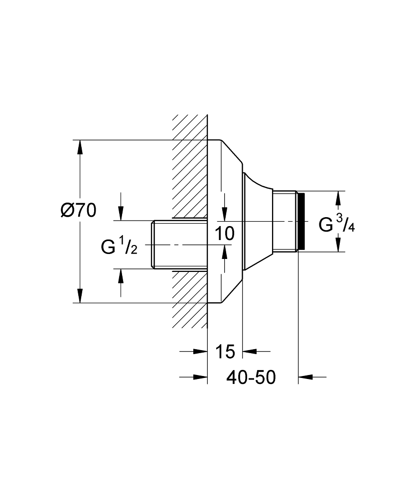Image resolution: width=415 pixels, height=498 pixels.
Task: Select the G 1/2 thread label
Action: pos(119,247)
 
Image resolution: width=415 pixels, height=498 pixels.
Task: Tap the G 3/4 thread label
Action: pos(337,225)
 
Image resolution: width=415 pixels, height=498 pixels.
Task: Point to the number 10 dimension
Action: pos(225,234)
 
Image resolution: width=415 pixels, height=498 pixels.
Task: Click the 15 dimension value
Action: pos(225,352)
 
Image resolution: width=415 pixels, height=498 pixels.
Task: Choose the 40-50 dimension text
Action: pos(251,377)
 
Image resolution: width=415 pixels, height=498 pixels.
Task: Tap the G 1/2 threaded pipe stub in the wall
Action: pos(179,244)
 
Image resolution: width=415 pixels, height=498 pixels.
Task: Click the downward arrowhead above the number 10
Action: pos(225,214)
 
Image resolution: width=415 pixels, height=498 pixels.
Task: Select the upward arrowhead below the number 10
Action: pos(225,253)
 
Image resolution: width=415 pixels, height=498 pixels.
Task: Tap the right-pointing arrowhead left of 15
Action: pos(201,351)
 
